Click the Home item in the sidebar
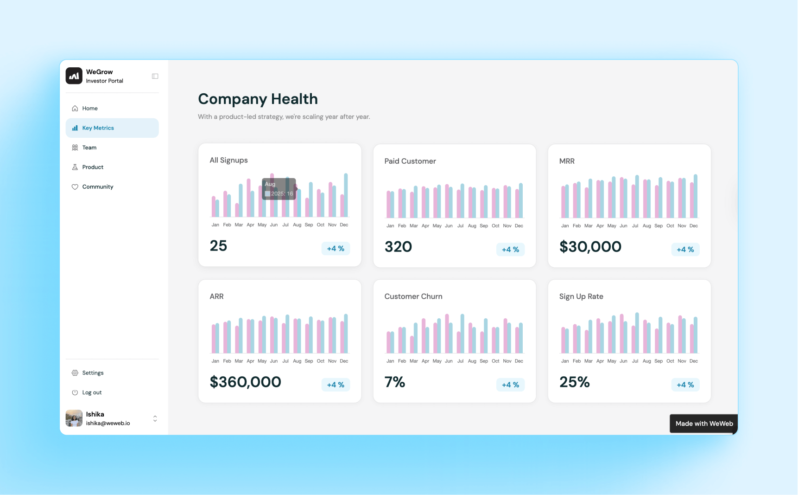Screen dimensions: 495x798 [x=90, y=108]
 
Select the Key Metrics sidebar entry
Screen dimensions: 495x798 [x=98, y=128]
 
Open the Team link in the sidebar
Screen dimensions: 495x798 [x=89, y=148]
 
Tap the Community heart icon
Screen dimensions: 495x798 [x=75, y=187]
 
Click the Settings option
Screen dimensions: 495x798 [x=93, y=373]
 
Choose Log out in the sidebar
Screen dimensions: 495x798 [x=92, y=392]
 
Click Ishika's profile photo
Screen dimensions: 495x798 [x=74, y=418]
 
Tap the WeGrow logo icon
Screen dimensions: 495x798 [x=74, y=76]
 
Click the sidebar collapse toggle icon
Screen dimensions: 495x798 [x=155, y=76]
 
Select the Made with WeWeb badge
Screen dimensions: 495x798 [x=703, y=424]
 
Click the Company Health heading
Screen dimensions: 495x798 [x=258, y=99]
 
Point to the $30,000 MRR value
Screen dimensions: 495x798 [x=590, y=247]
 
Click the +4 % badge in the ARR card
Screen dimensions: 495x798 [x=336, y=385]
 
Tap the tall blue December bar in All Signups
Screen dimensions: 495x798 [x=346, y=195]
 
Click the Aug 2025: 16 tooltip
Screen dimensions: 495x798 [x=279, y=189]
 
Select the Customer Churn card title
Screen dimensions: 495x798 [x=413, y=296]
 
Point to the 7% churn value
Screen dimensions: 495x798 [x=394, y=382]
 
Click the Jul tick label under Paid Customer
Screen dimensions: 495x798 [x=460, y=226]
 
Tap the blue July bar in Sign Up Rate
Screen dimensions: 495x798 [x=637, y=333]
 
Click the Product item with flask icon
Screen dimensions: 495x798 [x=93, y=167]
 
